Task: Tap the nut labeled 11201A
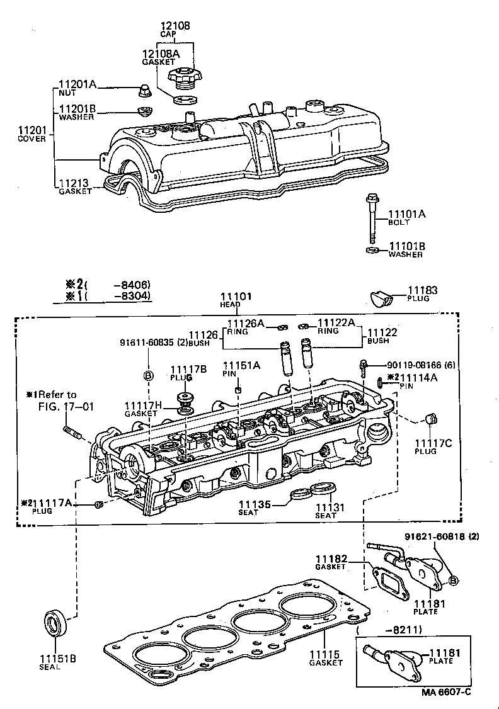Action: click(143, 91)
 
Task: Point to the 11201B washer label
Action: click(77, 108)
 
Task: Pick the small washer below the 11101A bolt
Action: click(372, 251)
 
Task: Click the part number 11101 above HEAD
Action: click(236, 296)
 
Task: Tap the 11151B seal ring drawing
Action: click(56, 623)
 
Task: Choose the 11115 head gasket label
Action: click(325, 654)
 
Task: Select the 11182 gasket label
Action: click(331, 559)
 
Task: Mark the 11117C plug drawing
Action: click(432, 419)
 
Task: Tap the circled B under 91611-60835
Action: click(149, 376)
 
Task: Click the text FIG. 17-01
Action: click(64, 406)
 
